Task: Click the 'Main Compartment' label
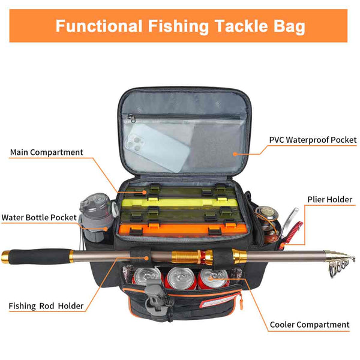[46, 152]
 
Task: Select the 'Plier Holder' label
[331, 200]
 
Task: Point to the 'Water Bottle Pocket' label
[39, 217]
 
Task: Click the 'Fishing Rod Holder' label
[46, 306]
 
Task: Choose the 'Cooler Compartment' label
[309, 325]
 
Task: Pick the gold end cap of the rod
[5, 257]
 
